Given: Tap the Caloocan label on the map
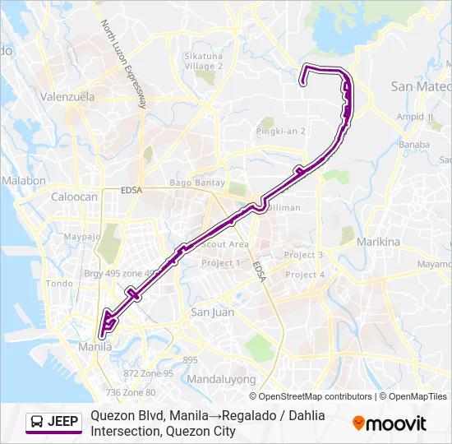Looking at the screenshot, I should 74,198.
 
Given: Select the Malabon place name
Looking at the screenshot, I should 24,181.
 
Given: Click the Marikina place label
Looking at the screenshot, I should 378,243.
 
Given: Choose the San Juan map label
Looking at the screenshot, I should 212,312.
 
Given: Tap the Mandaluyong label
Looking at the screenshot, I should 221,380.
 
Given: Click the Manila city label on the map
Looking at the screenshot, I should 95,346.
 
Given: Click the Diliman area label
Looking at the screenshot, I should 284,208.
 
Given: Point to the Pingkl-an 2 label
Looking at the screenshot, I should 281,131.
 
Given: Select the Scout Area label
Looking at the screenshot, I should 225,244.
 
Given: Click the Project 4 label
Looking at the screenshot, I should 305,275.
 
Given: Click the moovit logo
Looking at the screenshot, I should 390,423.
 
